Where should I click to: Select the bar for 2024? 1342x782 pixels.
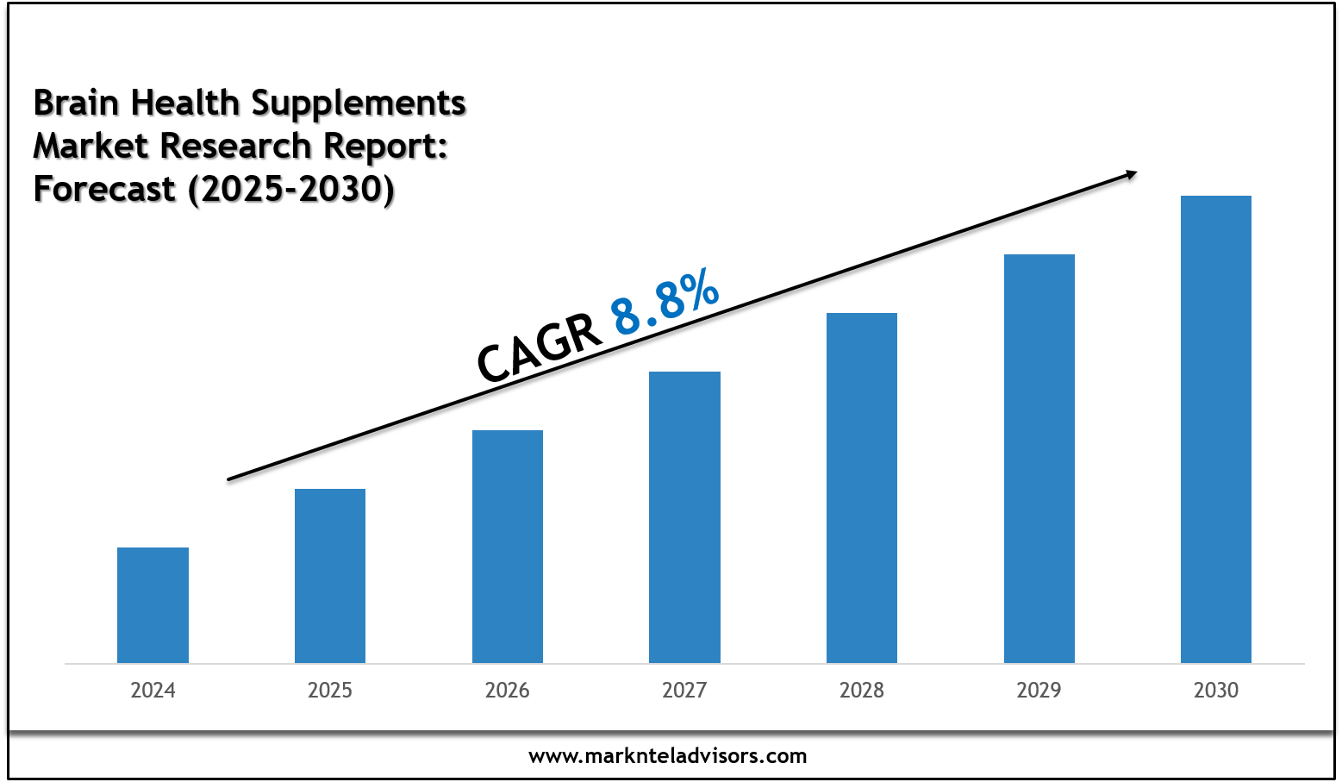153,605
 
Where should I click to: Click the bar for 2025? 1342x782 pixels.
330,576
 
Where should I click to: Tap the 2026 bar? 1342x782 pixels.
508,547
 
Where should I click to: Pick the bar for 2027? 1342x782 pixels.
684,517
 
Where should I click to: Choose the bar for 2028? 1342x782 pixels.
862,488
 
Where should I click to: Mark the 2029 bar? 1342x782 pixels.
1039,459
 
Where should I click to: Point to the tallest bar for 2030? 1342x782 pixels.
1216,429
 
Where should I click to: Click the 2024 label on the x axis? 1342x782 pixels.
153,691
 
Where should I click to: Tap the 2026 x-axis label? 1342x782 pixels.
508,691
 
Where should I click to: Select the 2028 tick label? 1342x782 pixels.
862,691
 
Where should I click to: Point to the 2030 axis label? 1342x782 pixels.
1216,691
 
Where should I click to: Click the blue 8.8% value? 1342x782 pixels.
665,302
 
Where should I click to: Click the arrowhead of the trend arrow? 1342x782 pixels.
1131,174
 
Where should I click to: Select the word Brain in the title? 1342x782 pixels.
76,103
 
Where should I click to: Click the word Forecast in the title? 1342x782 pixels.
104,189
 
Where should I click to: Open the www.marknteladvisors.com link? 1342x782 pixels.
668,756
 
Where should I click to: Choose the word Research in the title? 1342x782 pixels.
239,146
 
